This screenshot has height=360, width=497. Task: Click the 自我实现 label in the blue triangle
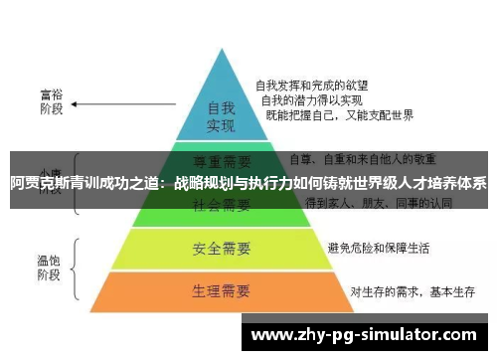pos(220,116)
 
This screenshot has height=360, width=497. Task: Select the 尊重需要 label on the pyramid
pos(221,161)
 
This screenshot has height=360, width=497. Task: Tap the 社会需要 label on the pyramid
pos(221,204)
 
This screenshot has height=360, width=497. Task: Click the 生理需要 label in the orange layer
pos(220,291)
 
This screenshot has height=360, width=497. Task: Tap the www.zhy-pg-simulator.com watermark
pos(368,335)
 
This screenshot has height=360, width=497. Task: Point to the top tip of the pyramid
pos(220,50)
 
